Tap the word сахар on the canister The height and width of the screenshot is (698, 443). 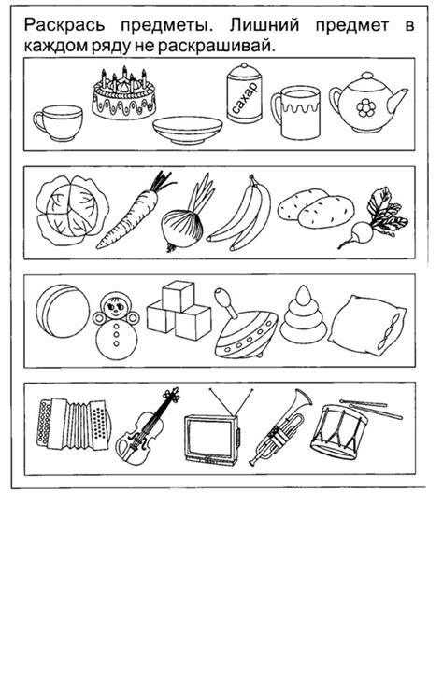click(245, 97)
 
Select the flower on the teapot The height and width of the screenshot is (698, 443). click(366, 107)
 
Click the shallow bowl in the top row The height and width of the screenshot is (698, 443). click(187, 130)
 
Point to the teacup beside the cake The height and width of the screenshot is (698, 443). click(58, 122)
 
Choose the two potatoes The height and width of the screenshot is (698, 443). click(316, 208)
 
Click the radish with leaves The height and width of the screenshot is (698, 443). click(375, 218)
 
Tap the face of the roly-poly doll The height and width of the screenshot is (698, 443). click(116, 306)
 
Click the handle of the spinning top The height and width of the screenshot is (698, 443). click(226, 301)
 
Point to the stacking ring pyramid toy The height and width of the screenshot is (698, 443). click(303, 315)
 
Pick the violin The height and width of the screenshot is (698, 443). click(145, 428)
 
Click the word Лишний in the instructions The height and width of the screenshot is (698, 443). click(264, 25)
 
